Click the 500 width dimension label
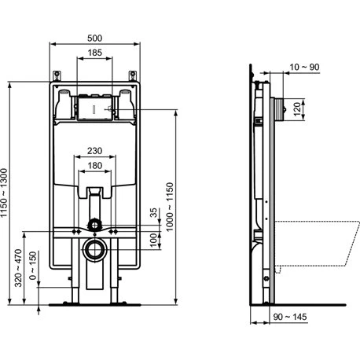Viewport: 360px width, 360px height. (94, 39)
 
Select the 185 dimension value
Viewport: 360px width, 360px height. (94, 53)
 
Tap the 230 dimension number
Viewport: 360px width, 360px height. (94, 151)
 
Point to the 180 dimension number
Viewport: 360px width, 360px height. (94, 166)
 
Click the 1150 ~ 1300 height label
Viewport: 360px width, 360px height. (4, 193)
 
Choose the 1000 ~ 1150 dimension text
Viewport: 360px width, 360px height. (170, 207)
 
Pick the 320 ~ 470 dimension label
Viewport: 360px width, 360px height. (18, 268)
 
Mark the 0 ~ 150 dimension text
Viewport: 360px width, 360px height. (33, 266)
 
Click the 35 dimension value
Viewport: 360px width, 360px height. (154, 213)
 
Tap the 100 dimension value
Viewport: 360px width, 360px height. (154, 241)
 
